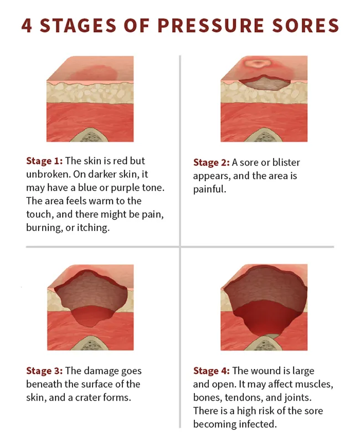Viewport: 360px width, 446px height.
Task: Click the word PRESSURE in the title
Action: click(218, 25)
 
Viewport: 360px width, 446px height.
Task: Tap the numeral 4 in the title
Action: click(27, 25)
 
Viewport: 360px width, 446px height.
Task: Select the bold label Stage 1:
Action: click(45, 161)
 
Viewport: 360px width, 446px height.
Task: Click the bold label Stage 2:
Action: click(212, 162)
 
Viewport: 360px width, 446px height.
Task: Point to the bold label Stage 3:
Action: click(45, 371)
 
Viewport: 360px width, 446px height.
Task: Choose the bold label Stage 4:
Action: click(212, 371)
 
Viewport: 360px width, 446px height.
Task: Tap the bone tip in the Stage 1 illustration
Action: click(90, 136)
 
